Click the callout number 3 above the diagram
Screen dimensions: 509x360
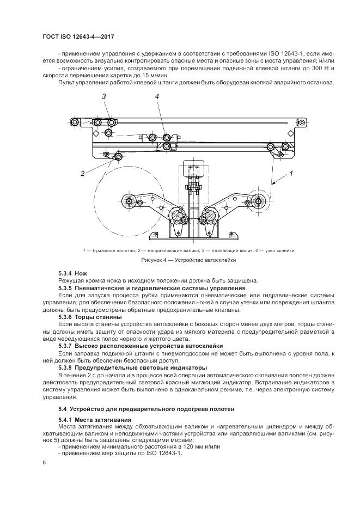point(102,96)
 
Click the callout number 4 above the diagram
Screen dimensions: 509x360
point(157,96)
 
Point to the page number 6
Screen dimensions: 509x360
point(44,462)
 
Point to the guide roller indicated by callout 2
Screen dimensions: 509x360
point(118,158)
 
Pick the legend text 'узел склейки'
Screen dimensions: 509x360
point(281,250)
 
